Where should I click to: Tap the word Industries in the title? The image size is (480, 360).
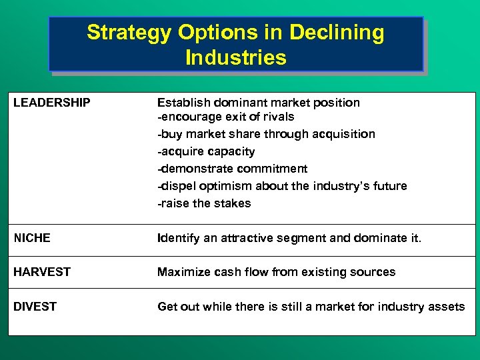click(236, 57)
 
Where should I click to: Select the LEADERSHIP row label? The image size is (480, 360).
click(52, 103)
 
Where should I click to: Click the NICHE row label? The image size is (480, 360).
click(32, 238)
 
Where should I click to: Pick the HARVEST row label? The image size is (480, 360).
click(42, 272)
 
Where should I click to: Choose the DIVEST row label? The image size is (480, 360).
click(35, 307)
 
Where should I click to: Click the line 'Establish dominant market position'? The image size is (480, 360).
click(258, 103)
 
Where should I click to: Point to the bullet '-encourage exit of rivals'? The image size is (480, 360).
click(225, 117)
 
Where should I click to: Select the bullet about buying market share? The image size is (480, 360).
click(266, 134)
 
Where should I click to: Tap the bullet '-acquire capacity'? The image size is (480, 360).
click(206, 151)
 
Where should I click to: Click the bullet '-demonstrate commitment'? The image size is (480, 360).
click(232, 169)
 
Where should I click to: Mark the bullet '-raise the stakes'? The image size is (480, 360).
click(204, 203)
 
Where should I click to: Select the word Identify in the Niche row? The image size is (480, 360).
click(178, 238)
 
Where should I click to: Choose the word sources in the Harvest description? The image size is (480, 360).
click(373, 272)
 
